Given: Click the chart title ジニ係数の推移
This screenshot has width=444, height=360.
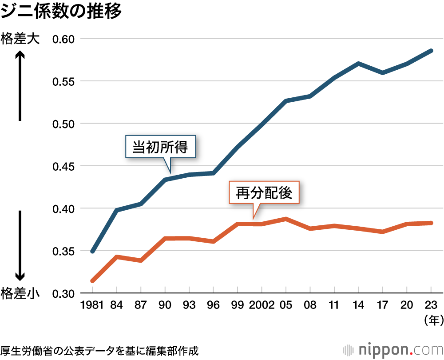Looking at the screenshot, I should (x=61, y=11).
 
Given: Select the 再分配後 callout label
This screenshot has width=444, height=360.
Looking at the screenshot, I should (x=264, y=193).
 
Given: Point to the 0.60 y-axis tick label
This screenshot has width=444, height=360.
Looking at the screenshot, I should (x=66, y=39).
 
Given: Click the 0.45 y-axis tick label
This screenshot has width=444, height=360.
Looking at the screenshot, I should (x=66, y=166).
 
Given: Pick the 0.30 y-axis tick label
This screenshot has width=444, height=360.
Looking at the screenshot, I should (x=66, y=294).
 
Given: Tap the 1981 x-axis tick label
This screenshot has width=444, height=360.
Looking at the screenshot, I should (x=91, y=305).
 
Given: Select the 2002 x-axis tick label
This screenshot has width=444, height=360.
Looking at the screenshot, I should (x=262, y=305).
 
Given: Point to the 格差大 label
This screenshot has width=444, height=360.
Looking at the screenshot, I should (x=20, y=39).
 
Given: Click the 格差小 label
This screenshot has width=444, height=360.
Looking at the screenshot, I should (x=20, y=294).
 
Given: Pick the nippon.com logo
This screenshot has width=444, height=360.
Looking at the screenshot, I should (x=392, y=349).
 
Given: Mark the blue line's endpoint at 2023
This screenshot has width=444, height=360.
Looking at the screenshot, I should (x=431, y=51).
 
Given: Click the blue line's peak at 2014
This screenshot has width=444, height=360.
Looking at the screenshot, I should (x=358, y=64).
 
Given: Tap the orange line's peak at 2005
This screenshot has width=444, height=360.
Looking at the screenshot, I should (x=286, y=219).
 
